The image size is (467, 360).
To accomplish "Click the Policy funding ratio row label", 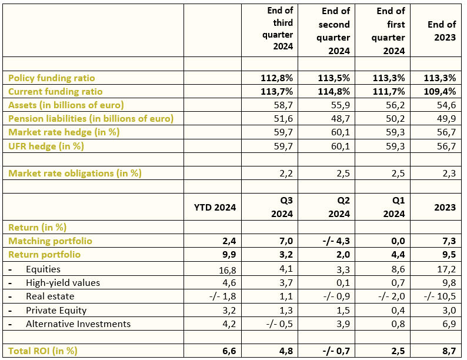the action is tap(52, 78).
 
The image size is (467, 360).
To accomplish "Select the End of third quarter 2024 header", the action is tap(278, 29).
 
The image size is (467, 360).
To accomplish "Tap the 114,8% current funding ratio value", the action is tap(334, 91).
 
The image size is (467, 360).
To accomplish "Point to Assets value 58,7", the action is tap(283, 105).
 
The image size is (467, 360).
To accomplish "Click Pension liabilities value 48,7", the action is tap(341, 119).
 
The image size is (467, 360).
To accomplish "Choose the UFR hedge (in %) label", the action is tap(46, 146).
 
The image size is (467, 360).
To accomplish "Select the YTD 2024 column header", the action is tap(215, 207).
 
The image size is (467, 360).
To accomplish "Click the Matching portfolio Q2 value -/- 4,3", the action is tap(336, 241).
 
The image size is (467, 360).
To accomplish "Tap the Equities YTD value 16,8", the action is tap(227, 270).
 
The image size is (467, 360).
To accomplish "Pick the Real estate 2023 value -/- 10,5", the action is tap(440, 296).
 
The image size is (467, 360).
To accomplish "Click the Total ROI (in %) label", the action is tap(43, 351).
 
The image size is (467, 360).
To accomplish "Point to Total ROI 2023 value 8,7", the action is tap(449, 351).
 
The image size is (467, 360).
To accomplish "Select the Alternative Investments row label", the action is tap(78, 324).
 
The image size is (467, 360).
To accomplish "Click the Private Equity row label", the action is tap(56, 310).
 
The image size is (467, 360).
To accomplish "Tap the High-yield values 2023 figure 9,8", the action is tap(449, 282).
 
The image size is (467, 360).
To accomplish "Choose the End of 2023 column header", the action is tap(442, 31).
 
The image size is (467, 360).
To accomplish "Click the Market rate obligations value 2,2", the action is tap(286, 174).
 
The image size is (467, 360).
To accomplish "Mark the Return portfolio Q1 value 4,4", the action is tap(398, 255).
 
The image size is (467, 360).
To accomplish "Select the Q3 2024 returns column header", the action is tap(282, 207).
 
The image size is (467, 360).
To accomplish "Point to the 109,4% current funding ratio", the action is tap(440, 91).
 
